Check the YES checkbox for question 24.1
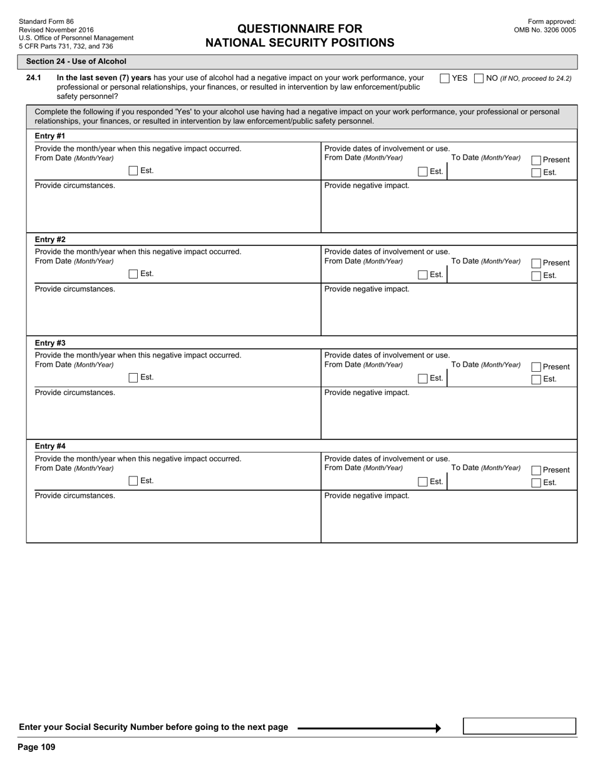click(x=445, y=78)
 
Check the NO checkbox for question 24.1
click(x=479, y=78)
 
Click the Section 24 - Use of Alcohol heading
click(x=76, y=61)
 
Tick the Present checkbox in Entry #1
click(x=536, y=160)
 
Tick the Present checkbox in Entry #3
click(x=536, y=367)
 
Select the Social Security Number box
click(x=519, y=726)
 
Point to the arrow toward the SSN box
click(x=370, y=728)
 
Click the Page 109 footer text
click(x=36, y=747)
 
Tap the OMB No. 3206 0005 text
click(x=545, y=29)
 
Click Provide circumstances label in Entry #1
click(x=75, y=185)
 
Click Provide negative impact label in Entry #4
click(x=366, y=496)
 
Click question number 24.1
click(x=34, y=78)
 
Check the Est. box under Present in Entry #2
click(x=536, y=276)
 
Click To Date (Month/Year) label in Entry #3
click(x=485, y=365)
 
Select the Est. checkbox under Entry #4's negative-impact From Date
click(x=133, y=481)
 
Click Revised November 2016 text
click(x=56, y=29)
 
